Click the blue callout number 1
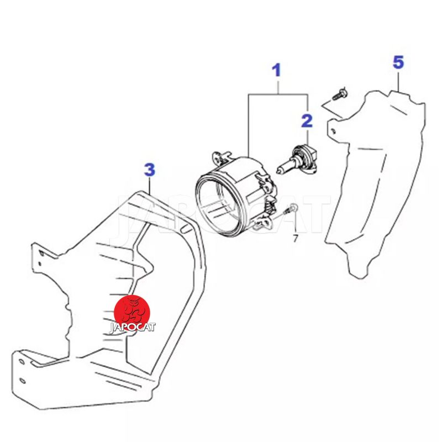click(277, 70)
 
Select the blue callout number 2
click(307, 120)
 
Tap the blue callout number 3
click(149, 170)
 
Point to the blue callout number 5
click(398, 62)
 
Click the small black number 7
click(296, 239)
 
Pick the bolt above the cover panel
click(340, 94)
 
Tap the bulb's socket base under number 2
click(306, 159)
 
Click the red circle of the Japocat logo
click(132, 312)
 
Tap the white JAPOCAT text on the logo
click(132, 328)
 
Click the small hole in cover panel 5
click(333, 130)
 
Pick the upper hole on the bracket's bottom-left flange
click(22, 361)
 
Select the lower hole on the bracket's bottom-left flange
click(22, 381)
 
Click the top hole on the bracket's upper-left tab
click(42, 253)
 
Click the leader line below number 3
click(149, 186)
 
